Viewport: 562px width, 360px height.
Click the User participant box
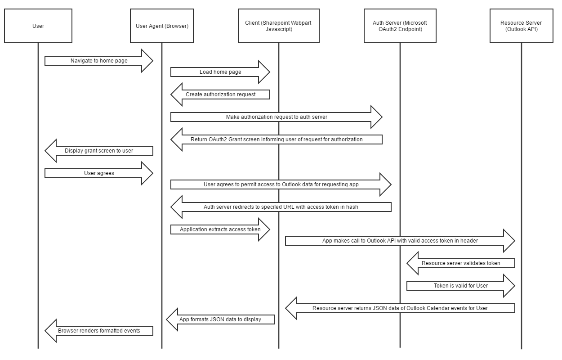38,26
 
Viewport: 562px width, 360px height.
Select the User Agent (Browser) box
162,26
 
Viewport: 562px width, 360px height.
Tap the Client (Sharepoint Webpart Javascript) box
278,26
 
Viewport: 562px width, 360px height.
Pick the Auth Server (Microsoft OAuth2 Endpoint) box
400,26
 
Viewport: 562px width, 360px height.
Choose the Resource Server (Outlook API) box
521,26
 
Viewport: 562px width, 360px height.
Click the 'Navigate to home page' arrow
99,61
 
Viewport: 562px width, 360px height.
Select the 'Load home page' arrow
220,72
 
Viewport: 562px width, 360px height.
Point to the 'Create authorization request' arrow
220,94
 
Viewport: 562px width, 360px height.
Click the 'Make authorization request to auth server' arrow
277,117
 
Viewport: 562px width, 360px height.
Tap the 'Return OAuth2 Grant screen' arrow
277,139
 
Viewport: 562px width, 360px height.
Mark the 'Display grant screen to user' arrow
99,151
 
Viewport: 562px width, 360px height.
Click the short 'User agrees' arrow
99,173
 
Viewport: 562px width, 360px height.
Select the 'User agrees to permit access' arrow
281,184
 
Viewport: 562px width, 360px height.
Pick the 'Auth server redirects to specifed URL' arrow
281,207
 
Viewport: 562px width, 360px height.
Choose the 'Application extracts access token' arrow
220,229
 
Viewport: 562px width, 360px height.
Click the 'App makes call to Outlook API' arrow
400,241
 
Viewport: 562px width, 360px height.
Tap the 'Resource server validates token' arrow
461,263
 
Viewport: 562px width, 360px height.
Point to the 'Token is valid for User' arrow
461,286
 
